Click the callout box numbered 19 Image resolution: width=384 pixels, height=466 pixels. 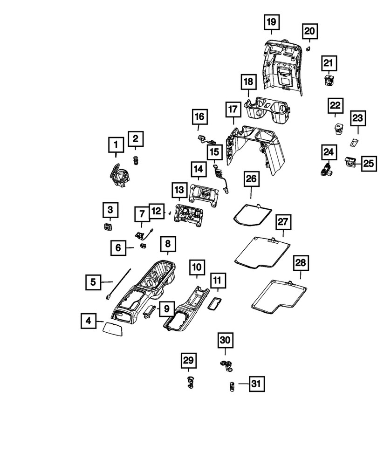point(271,22)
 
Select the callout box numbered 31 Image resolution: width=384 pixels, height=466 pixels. point(256,384)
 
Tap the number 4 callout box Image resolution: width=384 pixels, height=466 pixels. point(88,321)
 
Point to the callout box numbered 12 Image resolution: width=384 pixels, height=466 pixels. point(156,211)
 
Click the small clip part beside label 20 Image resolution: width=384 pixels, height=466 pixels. point(309,49)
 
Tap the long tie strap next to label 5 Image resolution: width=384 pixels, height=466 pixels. point(118,283)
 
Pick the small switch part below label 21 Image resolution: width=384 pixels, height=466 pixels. point(329,80)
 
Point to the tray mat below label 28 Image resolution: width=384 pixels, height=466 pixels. point(279,297)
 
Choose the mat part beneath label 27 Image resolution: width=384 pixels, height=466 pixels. point(262,252)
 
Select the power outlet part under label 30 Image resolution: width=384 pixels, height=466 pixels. point(226,365)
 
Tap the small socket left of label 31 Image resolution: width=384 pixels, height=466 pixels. point(232,386)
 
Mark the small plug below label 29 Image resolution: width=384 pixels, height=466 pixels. point(189,382)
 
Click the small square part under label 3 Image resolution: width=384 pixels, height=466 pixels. point(107,227)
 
